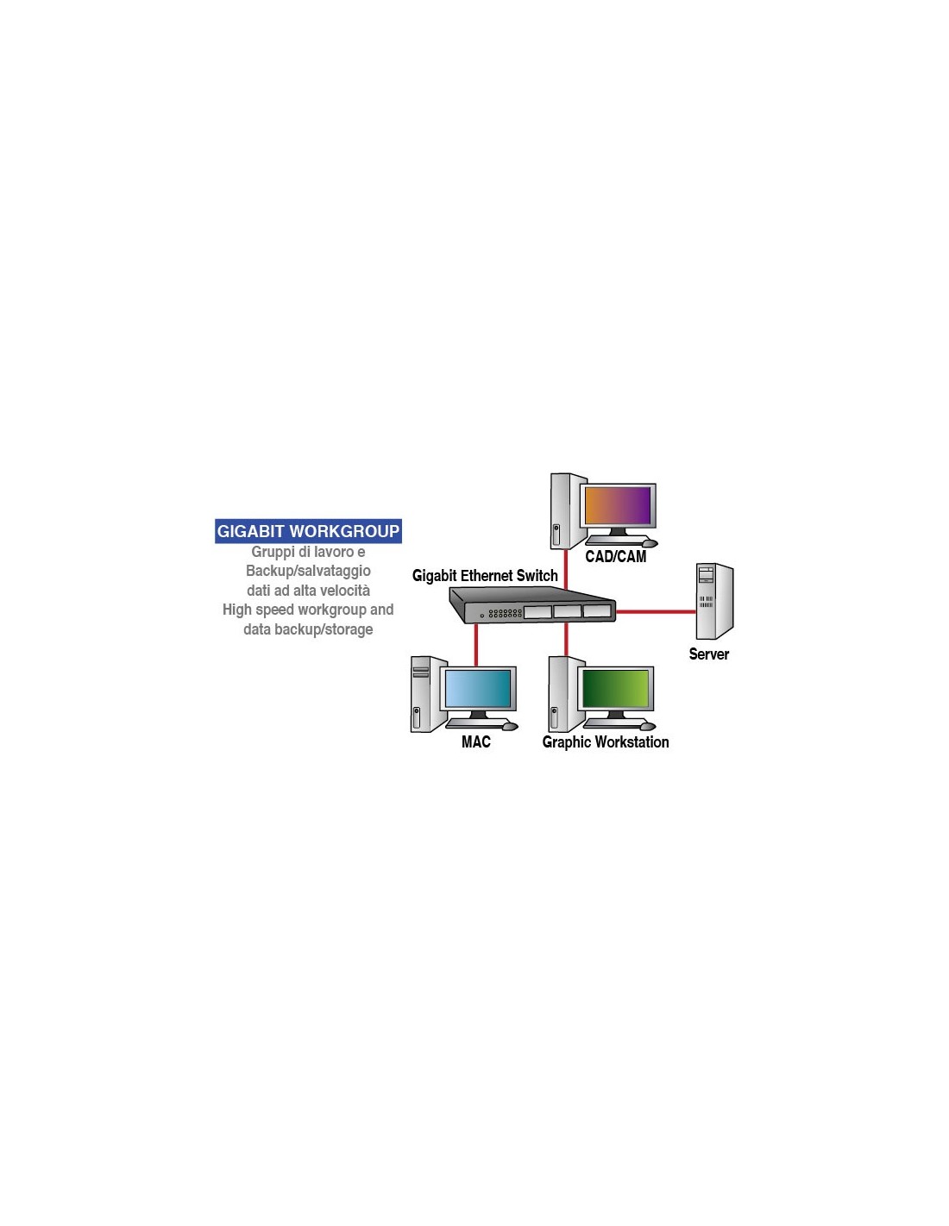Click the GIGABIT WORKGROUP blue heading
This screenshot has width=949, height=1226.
[x=308, y=531]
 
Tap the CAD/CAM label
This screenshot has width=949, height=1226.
[x=615, y=556]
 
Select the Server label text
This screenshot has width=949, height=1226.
[x=708, y=654]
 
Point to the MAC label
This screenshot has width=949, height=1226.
[x=476, y=742]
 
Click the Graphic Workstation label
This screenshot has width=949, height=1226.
[x=605, y=742]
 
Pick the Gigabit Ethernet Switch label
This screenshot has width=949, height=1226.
[x=485, y=575]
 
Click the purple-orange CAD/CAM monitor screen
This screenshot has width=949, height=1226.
[x=618, y=505]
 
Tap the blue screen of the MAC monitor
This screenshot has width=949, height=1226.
[x=478, y=688]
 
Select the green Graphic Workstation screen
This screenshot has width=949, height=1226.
[x=615, y=688]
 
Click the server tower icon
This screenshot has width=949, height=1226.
[x=714, y=601]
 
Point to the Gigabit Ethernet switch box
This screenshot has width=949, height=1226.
[x=531, y=605]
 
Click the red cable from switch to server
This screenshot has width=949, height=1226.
[x=656, y=611]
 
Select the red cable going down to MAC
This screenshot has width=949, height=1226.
[x=476, y=645]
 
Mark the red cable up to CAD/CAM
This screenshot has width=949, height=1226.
[x=566, y=569]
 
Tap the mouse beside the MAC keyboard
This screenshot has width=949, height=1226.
[x=510, y=727]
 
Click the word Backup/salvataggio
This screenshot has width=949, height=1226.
[x=308, y=571]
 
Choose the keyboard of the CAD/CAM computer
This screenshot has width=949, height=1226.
[x=615, y=540]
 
